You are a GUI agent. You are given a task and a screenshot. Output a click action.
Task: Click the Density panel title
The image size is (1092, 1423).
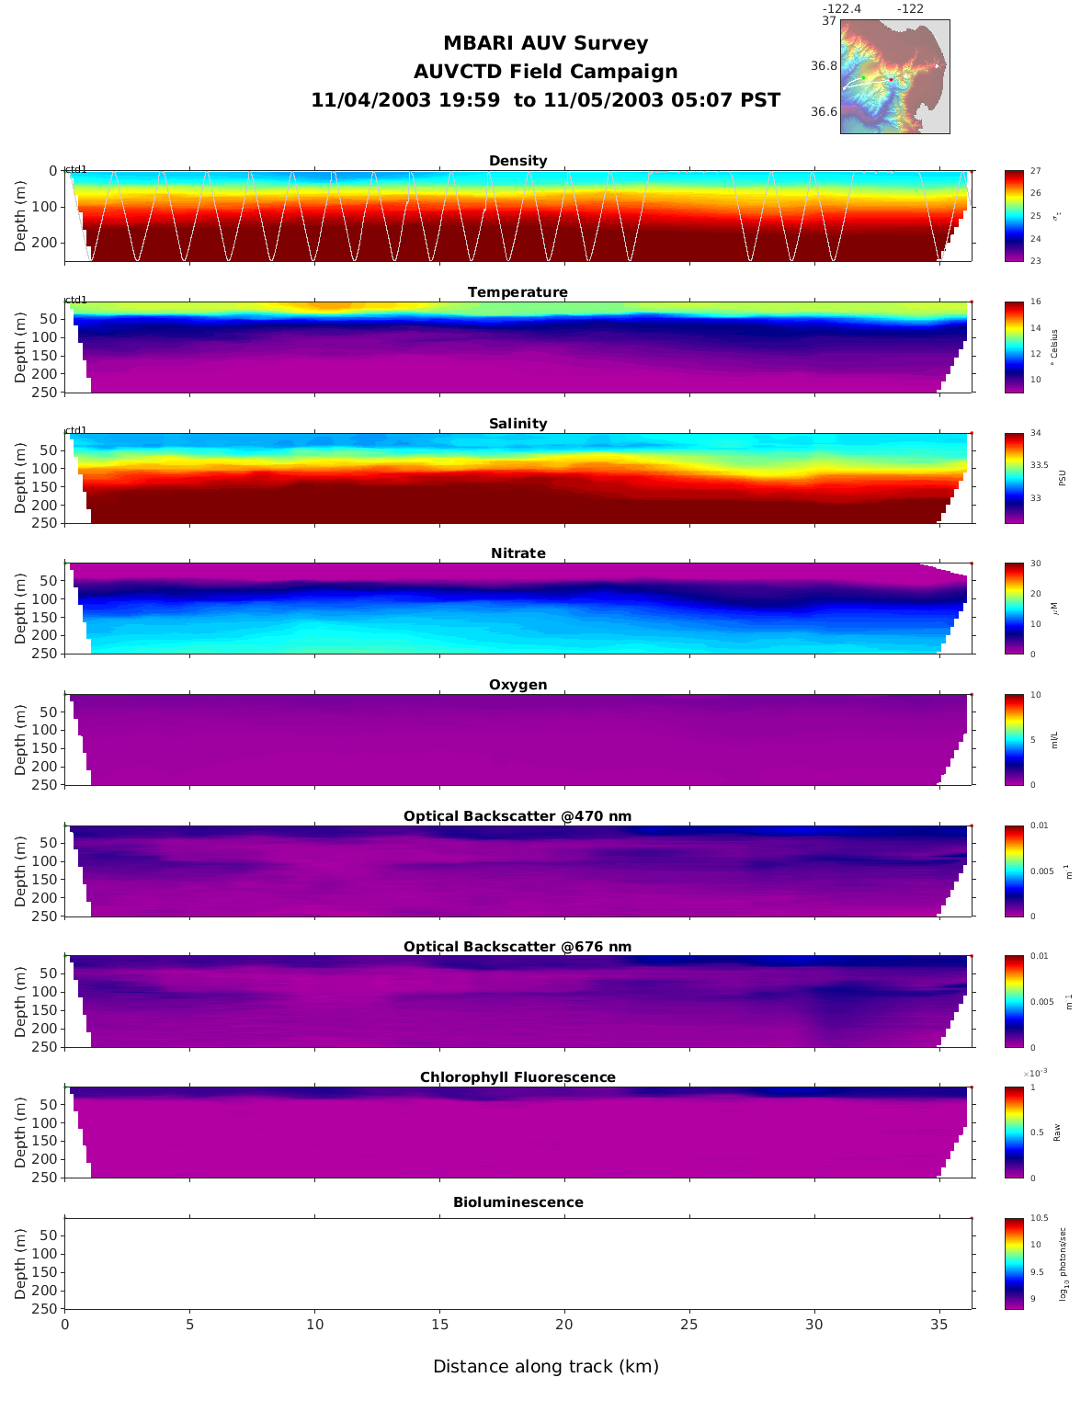click(518, 161)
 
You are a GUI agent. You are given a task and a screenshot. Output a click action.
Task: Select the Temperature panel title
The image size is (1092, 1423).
click(518, 292)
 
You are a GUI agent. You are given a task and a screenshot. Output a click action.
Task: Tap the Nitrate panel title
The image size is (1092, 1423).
click(518, 553)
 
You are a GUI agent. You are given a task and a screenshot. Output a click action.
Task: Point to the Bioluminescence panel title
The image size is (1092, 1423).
click(518, 1202)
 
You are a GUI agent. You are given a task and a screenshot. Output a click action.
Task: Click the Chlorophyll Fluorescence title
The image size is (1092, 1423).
click(518, 1077)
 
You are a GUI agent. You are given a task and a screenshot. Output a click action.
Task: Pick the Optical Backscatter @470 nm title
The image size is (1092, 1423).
click(518, 816)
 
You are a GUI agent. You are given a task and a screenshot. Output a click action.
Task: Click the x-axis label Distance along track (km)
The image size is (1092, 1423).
click(546, 1367)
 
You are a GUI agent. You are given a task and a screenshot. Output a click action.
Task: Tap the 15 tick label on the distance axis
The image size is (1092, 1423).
click(439, 1325)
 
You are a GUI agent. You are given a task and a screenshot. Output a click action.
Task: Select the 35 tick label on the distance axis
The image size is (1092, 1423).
click(939, 1325)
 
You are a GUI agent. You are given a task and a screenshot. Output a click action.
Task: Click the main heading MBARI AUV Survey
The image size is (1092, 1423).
click(546, 43)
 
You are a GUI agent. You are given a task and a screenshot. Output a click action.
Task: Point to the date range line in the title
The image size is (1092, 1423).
click(546, 100)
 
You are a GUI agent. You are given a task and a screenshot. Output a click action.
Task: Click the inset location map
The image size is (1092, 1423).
click(894, 77)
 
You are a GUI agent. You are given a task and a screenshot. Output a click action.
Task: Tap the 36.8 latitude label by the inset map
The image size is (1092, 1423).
click(824, 66)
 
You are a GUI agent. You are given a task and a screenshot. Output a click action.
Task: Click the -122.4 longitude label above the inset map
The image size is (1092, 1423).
click(842, 9)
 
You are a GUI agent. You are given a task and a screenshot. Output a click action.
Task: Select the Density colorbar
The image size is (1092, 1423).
click(1014, 216)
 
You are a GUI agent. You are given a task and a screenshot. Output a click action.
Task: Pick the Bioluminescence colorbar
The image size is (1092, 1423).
click(1014, 1263)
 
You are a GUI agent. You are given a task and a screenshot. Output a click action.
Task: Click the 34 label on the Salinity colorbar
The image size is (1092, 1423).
click(1035, 433)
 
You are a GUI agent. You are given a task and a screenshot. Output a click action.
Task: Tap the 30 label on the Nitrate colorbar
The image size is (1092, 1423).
click(1035, 564)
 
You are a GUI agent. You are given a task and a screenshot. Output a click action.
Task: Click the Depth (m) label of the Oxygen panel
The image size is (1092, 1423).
click(21, 740)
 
